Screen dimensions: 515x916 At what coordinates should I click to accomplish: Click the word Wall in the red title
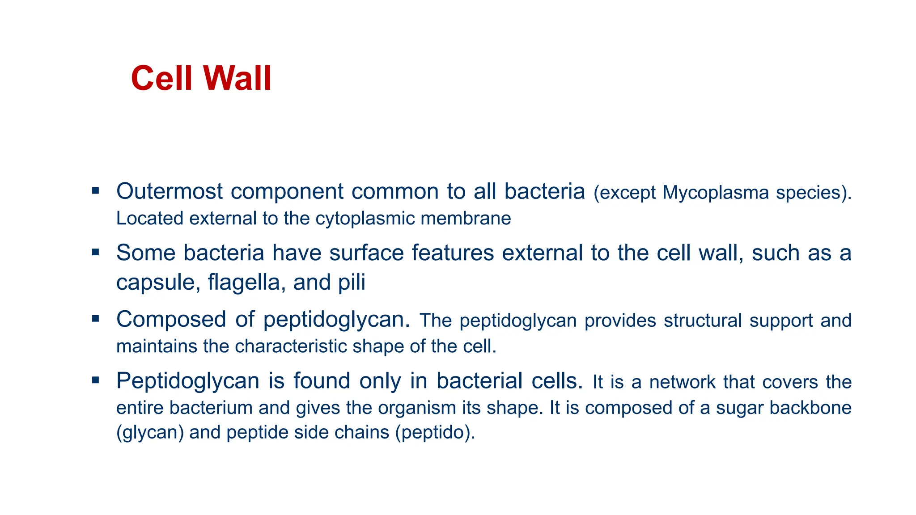[x=237, y=79]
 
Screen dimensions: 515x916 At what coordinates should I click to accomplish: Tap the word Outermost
[x=170, y=191]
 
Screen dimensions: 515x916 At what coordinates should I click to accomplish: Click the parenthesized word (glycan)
[x=150, y=433]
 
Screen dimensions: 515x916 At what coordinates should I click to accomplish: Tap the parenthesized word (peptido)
[x=435, y=433]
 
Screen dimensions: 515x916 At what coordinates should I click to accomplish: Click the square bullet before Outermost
[x=95, y=191]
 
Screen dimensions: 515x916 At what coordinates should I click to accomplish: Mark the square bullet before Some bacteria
[x=95, y=253]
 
